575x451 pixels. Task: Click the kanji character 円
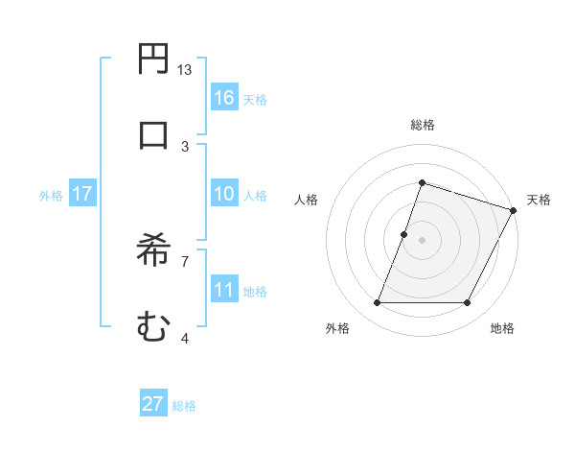pyautogui.click(x=153, y=59)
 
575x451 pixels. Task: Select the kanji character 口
pyautogui.click(x=153, y=133)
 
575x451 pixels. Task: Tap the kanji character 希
pyautogui.click(x=153, y=252)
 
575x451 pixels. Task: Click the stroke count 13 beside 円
pyautogui.click(x=185, y=70)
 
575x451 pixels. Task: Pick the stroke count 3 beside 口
pyautogui.click(x=185, y=146)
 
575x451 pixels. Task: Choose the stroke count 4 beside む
pyautogui.click(x=185, y=338)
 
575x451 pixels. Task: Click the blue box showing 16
pyautogui.click(x=224, y=98)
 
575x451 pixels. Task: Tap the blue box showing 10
pyautogui.click(x=224, y=194)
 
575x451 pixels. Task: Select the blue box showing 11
pyautogui.click(x=224, y=290)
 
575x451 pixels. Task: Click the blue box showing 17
pyautogui.click(x=81, y=194)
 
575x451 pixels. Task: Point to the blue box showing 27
pyautogui.click(x=153, y=404)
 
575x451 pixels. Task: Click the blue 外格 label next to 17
pyautogui.click(x=51, y=195)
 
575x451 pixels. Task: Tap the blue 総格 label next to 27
pyautogui.click(x=184, y=405)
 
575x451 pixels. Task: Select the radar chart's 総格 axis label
pyautogui.click(x=423, y=125)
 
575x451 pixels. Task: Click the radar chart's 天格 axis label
pyautogui.click(x=540, y=200)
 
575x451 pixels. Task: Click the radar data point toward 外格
pyautogui.click(x=378, y=303)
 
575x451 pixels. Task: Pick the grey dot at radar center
pyautogui.click(x=423, y=240)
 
